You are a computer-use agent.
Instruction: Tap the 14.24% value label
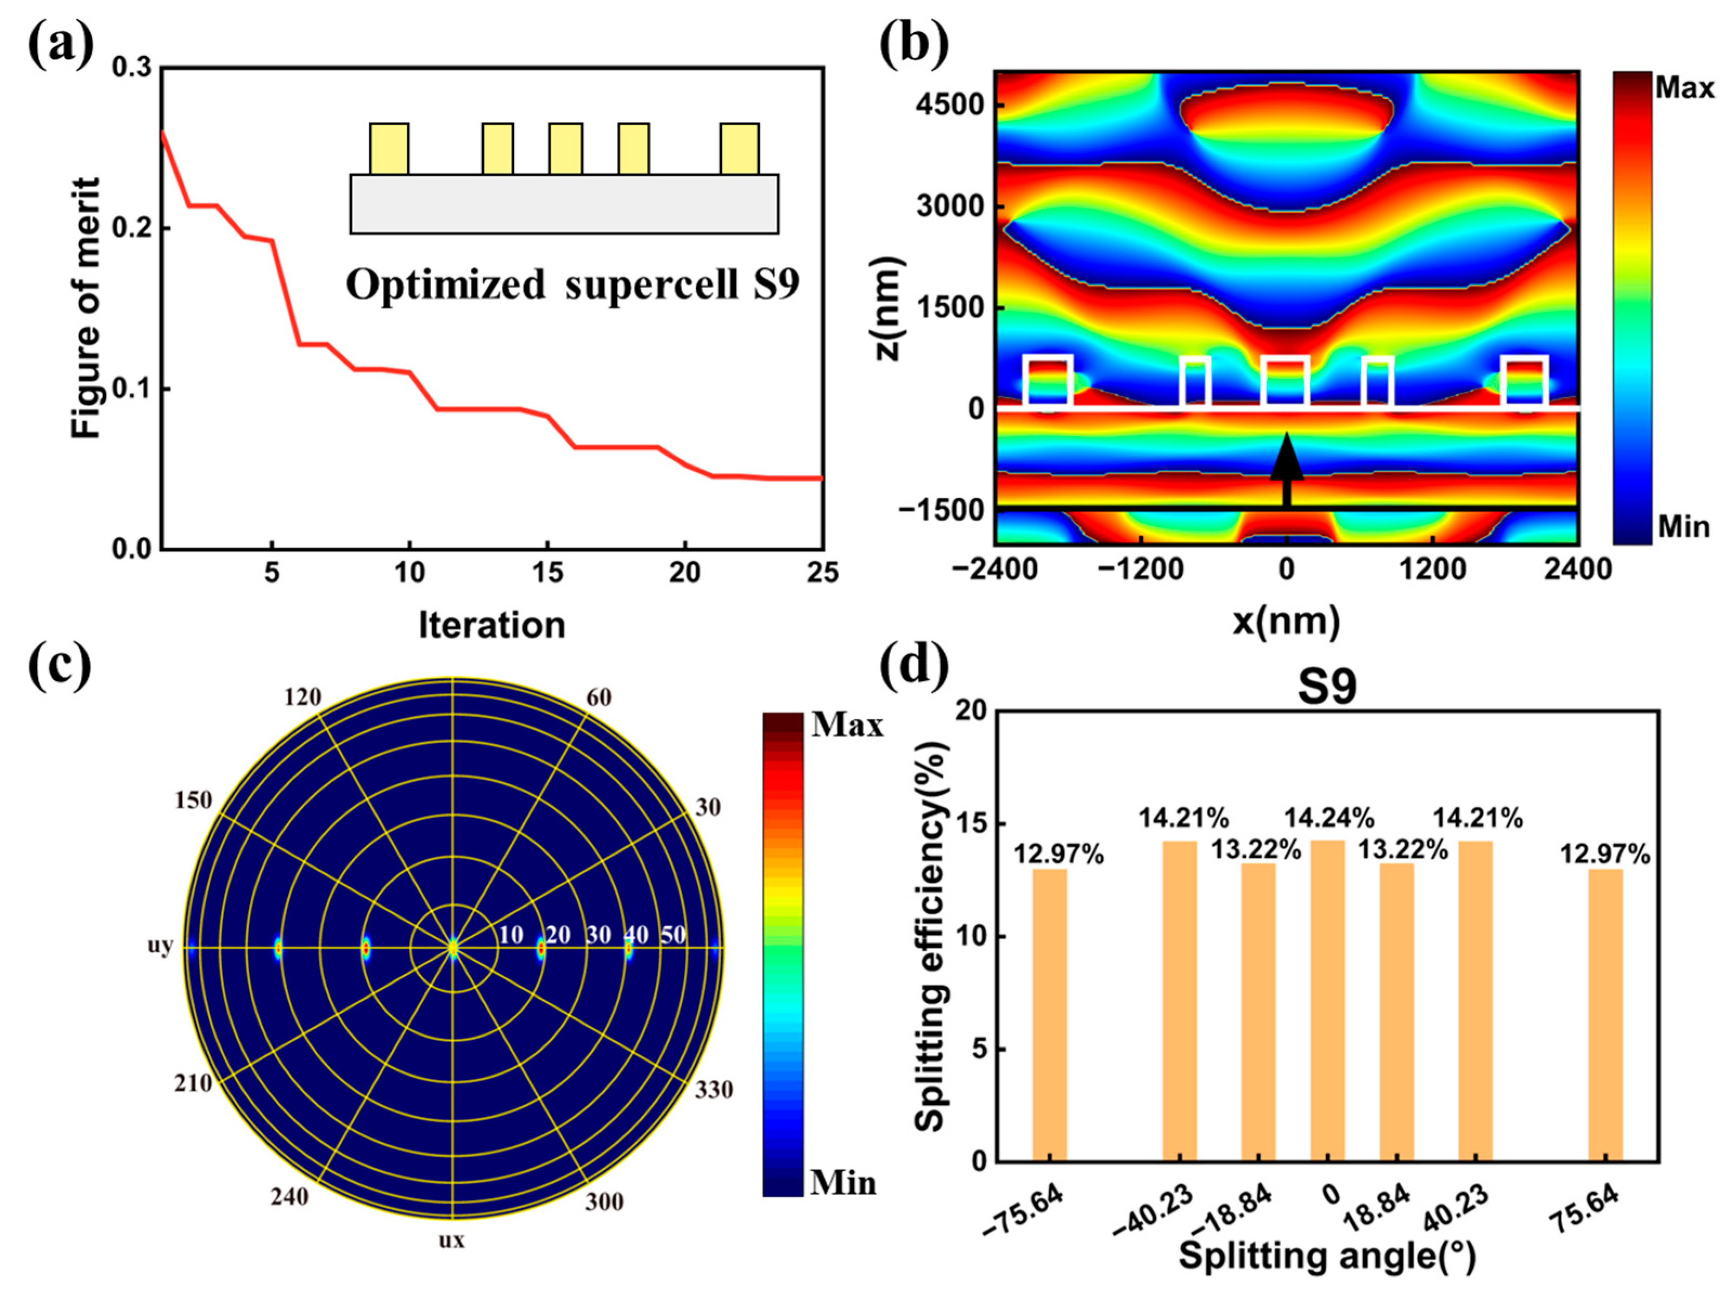pos(1329,818)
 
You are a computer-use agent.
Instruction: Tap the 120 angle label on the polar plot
pos(302,696)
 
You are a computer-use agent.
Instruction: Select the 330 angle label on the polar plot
pos(713,1090)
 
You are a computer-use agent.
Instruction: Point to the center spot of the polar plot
pos(452,948)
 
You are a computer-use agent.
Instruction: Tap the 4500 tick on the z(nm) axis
pos(951,104)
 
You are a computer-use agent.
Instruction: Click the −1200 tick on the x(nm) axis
pos(1140,569)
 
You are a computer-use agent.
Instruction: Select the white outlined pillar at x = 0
pos(1285,382)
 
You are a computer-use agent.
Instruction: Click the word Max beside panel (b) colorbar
pos(1684,88)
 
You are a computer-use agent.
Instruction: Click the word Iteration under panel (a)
pos(492,625)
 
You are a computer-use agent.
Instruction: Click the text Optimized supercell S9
pos(572,284)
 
